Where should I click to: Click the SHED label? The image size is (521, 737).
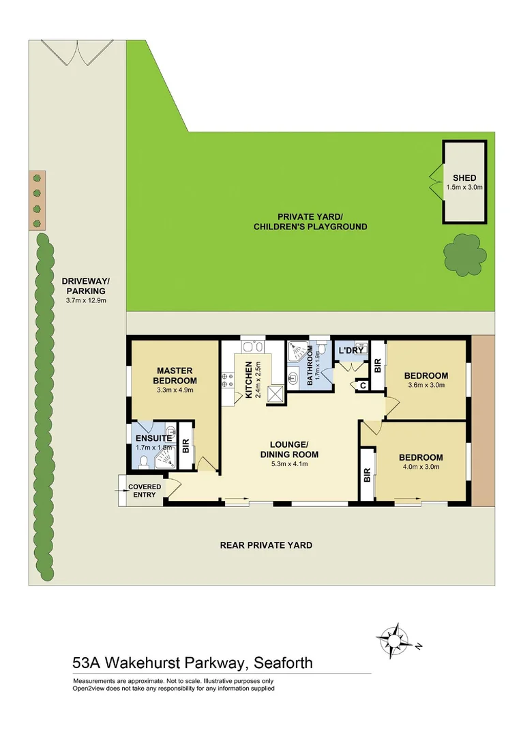[464, 177]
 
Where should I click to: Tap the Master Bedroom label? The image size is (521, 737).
[175, 375]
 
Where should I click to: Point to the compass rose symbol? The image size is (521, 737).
[394, 639]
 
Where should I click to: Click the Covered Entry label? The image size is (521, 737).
[145, 491]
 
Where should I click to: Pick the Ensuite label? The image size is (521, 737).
[153, 438]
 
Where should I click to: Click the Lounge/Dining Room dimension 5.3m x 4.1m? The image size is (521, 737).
[289, 465]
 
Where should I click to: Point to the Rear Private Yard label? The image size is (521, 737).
[266, 545]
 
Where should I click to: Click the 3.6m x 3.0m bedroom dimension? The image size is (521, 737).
[426, 386]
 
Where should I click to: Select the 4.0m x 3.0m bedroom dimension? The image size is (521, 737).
[420, 467]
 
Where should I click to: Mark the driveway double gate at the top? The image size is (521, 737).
[76, 52]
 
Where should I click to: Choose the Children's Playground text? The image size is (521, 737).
[310, 227]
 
